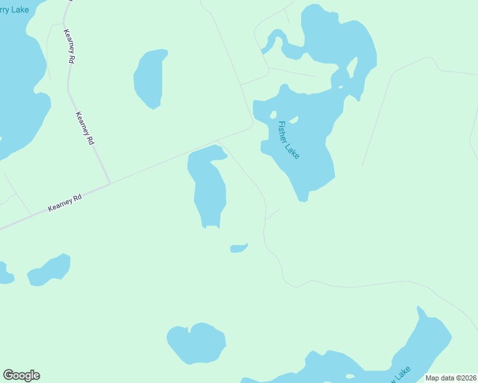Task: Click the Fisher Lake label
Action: [288, 140]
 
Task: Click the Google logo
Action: [21, 375]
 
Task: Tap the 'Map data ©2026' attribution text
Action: [450, 378]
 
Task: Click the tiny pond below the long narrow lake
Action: [238, 248]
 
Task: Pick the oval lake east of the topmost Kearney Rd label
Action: [150, 78]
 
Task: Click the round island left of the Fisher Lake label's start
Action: [273, 115]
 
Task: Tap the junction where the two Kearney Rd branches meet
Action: [110, 184]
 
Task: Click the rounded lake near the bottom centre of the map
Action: [197, 342]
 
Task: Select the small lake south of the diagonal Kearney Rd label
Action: [49, 269]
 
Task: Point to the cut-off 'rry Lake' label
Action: [14, 10]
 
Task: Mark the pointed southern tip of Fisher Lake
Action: [303, 200]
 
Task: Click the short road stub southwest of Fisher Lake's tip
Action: [273, 213]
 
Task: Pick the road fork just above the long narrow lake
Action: [219, 141]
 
